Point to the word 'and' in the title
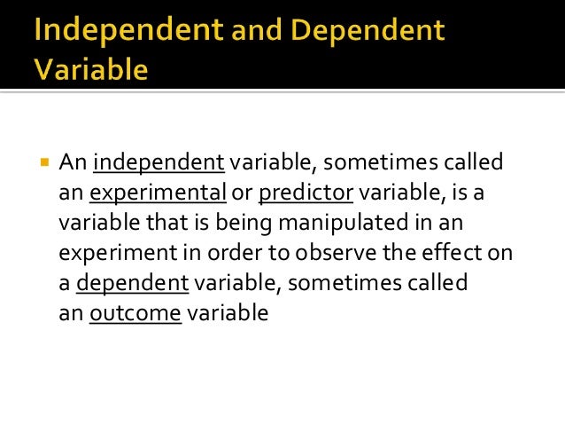(258, 33)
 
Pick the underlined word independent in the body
(159, 162)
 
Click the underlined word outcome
(135, 312)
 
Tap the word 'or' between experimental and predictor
(242, 193)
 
